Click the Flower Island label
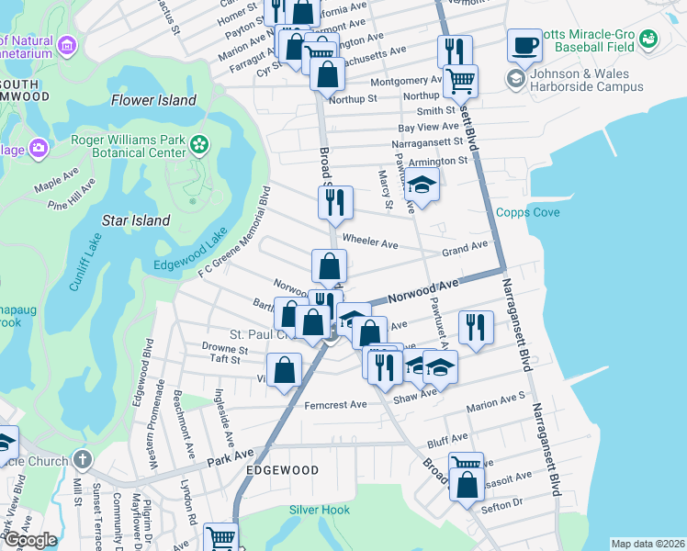pos(153,100)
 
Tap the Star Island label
pos(136,220)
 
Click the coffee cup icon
pos(524,45)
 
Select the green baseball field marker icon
pos(649,39)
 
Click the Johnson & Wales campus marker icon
pos(514,81)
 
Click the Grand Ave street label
pos(465,247)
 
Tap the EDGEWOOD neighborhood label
pos(282,470)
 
